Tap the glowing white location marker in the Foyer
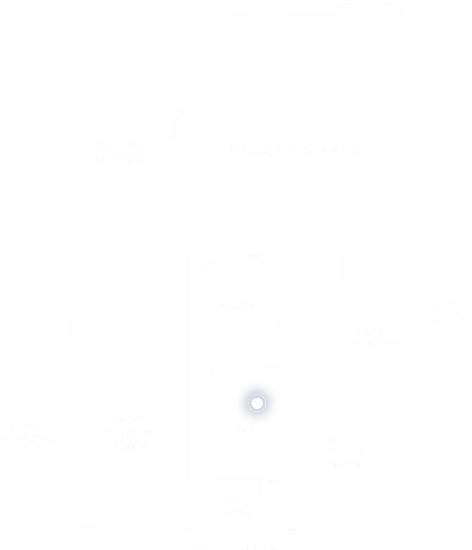(x=257, y=403)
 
